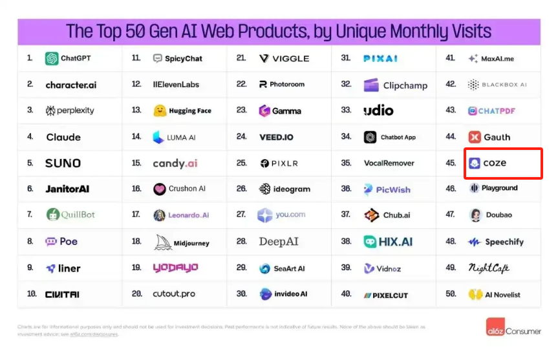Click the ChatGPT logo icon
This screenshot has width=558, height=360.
pyautogui.click(x=52, y=59)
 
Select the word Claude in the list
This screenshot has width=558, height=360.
pyautogui.click(x=63, y=137)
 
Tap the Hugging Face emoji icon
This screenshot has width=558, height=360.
pyautogui.click(x=159, y=111)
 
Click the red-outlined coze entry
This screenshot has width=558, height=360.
pyautogui.click(x=503, y=163)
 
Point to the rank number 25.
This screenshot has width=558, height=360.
pyautogui.click(x=241, y=164)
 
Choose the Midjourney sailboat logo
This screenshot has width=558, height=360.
pyautogui.click(x=162, y=242)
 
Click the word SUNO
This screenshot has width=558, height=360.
pyautogui.click(x=63, y=164)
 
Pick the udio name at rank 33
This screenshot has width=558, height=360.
pyautogui.click(x=378, y=111)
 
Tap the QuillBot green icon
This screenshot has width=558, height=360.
pyautogui.click(x=53, y=215)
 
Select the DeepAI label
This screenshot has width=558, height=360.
pyautogui.click(x=279, y=242)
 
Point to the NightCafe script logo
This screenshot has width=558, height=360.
pyautogui.click(x=489, y=268)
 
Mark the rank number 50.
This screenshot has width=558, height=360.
pyautogui.click(x=451, y=294)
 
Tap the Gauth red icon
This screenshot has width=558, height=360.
pyautogui.click(x=474, y=137)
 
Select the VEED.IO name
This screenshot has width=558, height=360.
pyautogui.click(x=276, y=137)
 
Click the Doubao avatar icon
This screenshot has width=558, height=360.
pyautogui.click(x=475, y=215)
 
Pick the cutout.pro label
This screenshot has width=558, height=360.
pyautogui.click(x=175, y=294)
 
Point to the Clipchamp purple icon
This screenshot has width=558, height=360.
pyautogui.click(x=371, y=85)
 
